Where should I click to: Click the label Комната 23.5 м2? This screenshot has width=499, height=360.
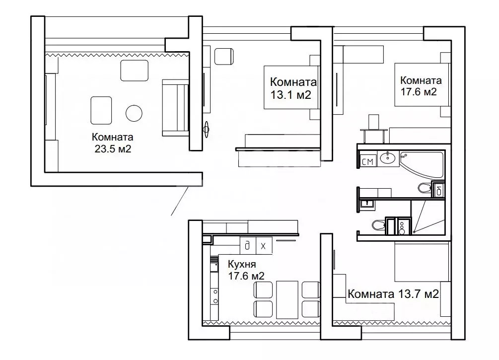(113, 143)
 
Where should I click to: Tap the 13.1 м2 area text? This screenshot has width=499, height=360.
(290, 95)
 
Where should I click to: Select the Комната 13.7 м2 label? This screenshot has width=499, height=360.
(393, 294)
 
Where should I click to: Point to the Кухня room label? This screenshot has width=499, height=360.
(242, 264)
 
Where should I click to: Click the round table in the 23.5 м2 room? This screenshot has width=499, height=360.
(134, 113)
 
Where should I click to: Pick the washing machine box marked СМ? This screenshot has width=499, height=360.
(367, 161)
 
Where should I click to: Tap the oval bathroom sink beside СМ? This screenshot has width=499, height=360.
(388, 157)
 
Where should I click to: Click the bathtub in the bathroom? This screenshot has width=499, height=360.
(422, 164)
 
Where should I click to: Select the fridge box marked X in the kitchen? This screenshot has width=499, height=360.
(264, 245)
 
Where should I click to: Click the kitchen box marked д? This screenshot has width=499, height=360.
(248, 245)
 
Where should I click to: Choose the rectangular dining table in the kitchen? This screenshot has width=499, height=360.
(287, 299)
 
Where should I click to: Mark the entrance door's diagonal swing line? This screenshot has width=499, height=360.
(179, 201)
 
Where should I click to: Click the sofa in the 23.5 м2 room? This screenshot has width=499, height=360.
(175, 108)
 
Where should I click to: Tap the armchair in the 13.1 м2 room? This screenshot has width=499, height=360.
(224, 57)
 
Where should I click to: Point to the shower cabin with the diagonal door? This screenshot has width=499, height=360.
(428, 217)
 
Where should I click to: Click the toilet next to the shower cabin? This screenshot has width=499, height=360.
(378, 225)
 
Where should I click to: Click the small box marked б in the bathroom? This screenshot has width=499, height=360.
(438, 190)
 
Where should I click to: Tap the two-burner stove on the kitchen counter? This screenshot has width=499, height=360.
(215, 296)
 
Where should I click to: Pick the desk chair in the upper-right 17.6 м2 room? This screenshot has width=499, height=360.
(373, 122)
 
